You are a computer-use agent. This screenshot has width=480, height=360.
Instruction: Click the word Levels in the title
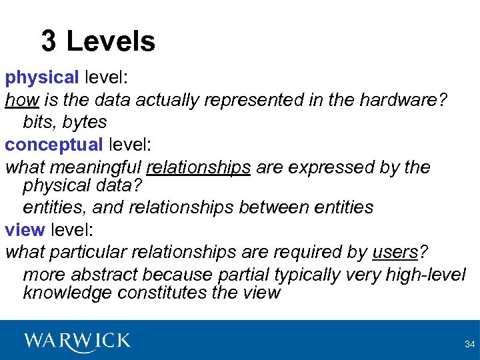pos(111,41)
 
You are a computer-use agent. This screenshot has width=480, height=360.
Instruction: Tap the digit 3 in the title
pos(49,41)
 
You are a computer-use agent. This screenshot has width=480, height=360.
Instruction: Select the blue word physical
pos(43,78)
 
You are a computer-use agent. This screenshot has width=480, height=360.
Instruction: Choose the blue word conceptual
pos(54,144)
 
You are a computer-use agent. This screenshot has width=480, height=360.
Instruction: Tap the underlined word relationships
pos(199,167)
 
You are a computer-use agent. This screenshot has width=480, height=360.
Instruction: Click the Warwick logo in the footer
pos(77,341)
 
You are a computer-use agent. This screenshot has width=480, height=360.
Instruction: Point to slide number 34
pos(469,344)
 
